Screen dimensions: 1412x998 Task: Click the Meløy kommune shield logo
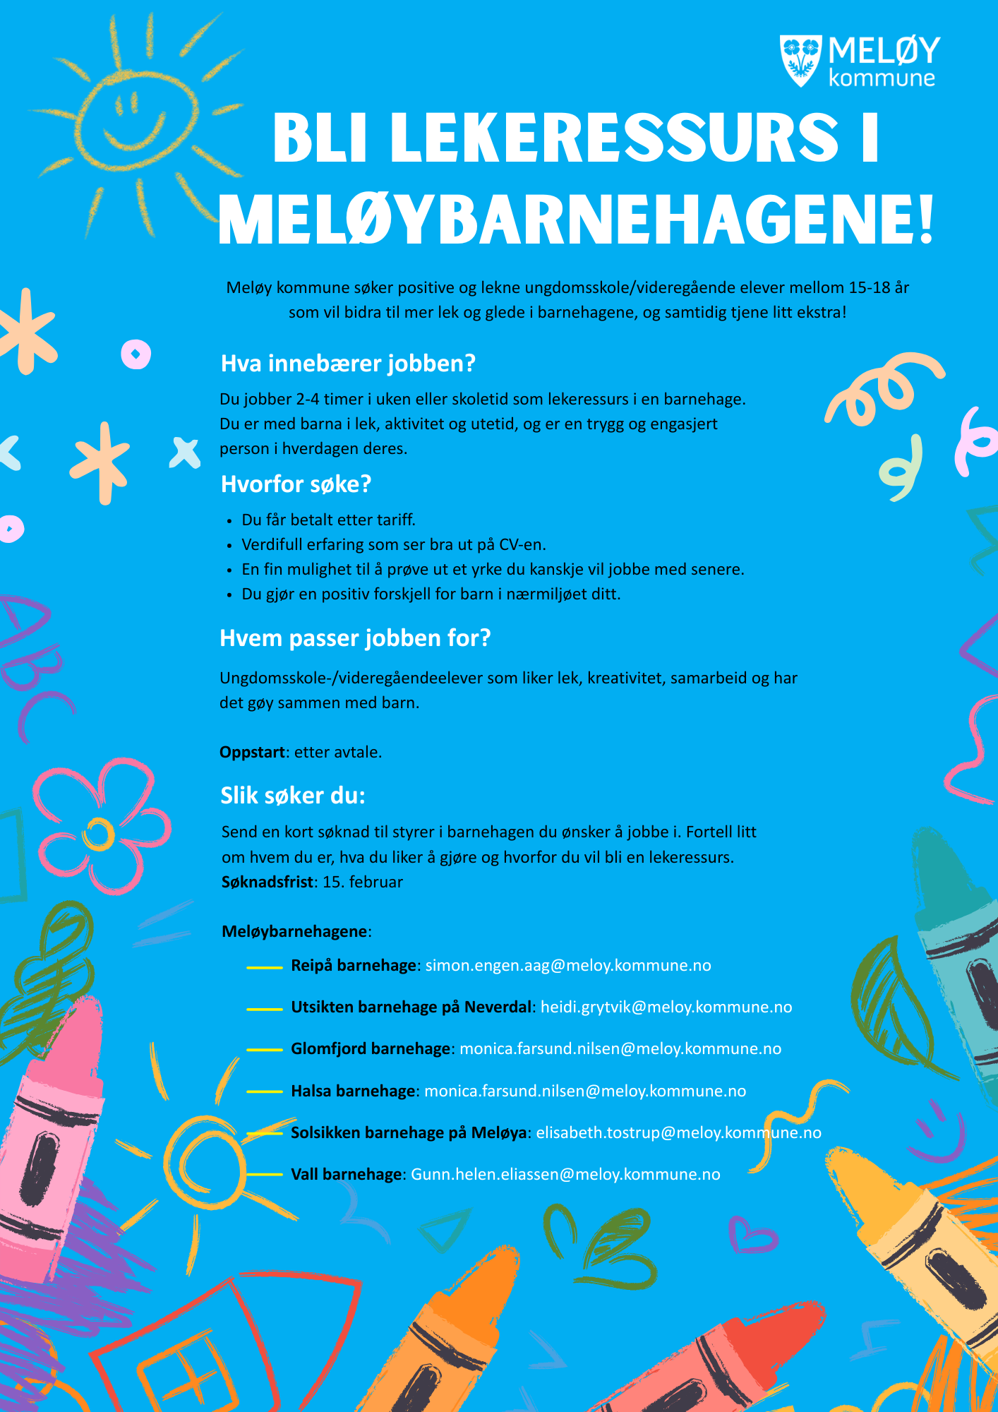[800, 60]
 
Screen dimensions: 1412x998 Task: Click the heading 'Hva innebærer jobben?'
[348, 364]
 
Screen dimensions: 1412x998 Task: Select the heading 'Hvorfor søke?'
[296, 484]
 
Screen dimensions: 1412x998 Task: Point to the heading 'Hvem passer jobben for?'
[355, 638]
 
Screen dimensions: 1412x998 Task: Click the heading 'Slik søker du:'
[293, 796]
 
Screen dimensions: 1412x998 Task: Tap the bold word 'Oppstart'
[252, 753]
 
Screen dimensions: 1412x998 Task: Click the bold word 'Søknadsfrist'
[267, 882]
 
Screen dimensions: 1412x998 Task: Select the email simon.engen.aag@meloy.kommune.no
[568, 966]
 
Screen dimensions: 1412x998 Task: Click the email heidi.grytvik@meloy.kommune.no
[666, 1007]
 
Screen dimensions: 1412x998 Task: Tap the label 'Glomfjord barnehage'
[371, 1049]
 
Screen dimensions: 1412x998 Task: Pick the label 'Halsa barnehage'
[353, 1091]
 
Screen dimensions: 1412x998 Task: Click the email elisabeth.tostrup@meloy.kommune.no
[678, 1133]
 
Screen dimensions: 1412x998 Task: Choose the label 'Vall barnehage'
[346, 1175]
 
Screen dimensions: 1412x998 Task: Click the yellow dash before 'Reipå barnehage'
[264, 967]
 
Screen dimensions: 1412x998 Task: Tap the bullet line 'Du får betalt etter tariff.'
[328, 520]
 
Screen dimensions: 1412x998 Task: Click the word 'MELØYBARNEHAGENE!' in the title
[576, 220]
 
